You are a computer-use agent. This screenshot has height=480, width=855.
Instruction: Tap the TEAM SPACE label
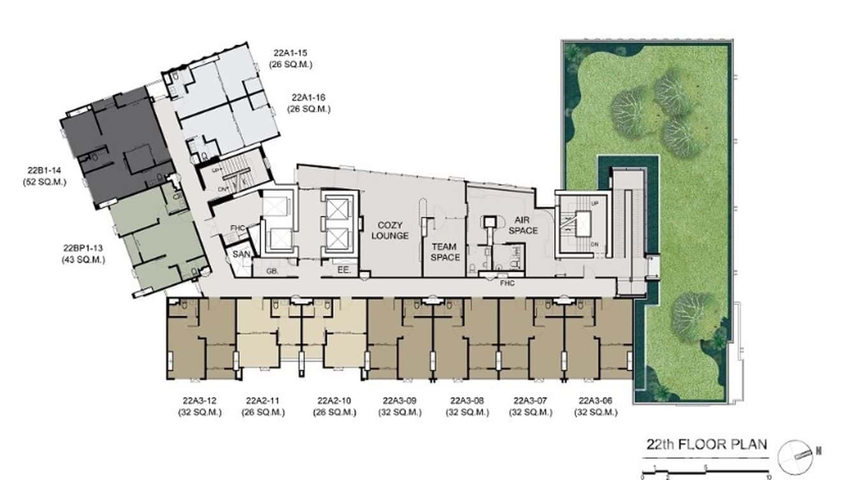coord(445,251)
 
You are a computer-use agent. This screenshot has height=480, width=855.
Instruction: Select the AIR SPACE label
coord(523,225)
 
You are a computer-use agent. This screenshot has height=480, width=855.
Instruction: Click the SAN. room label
coord(241,255)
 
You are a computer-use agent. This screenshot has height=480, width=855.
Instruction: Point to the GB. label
coord(273,271)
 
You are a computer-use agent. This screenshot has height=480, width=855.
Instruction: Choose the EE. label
coord(343,271)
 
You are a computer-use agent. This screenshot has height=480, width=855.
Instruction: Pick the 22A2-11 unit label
coord(264,401)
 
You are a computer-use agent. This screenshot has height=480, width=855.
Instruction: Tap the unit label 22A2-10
coord(334,401)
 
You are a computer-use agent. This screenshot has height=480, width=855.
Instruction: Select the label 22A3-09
coord(399,401)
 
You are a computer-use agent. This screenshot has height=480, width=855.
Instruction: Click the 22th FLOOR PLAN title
coord(707,444)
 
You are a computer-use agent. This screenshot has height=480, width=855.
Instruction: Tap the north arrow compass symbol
coord(800,451)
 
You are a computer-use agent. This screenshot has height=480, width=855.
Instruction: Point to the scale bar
coord(707,470)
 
